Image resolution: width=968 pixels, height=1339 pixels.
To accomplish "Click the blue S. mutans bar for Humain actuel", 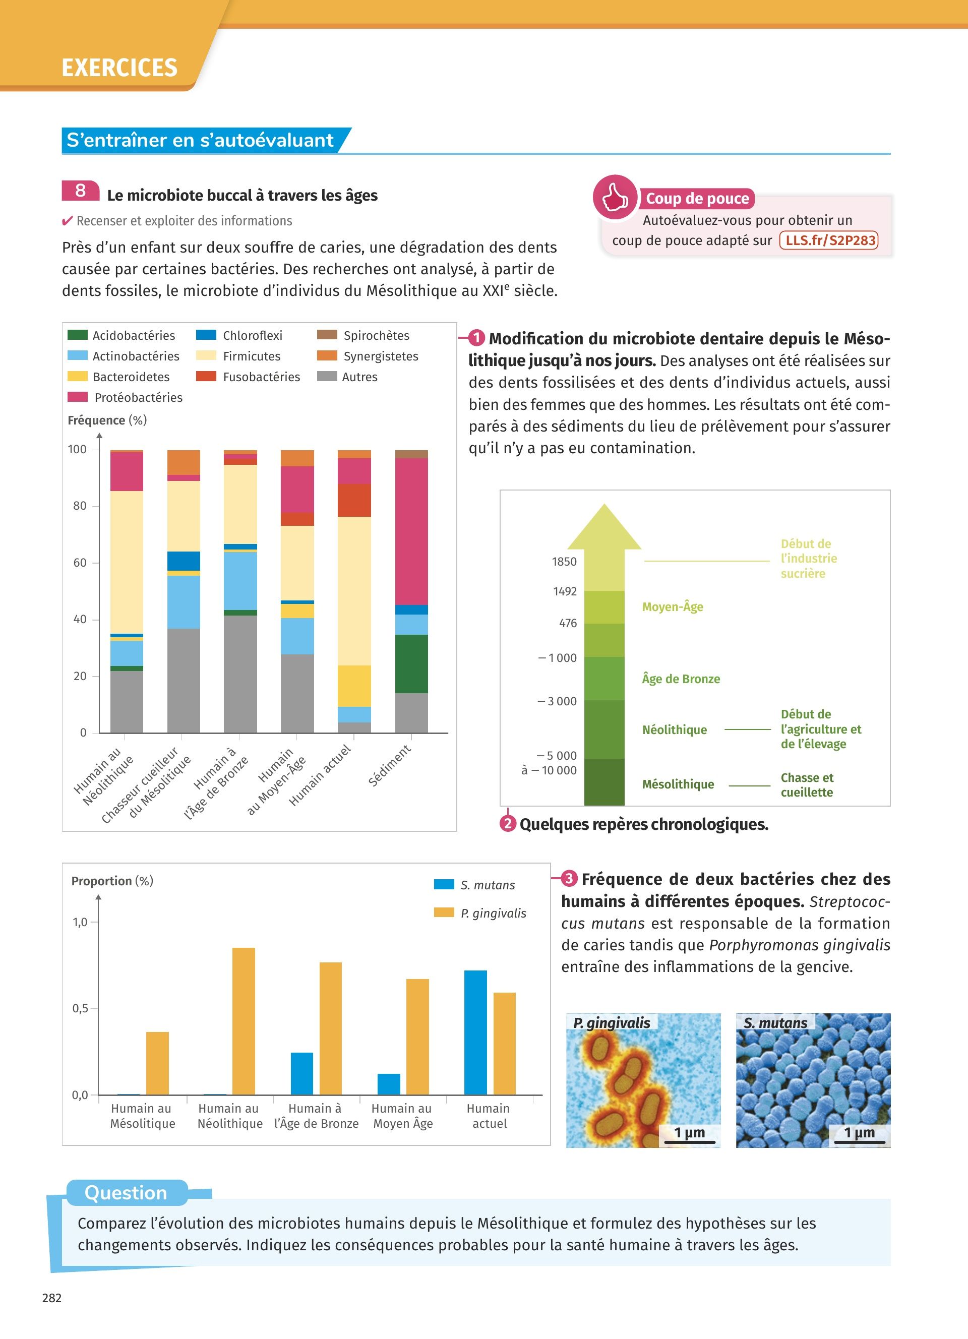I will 475,1032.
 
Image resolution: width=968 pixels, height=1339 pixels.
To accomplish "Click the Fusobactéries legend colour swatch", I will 206,376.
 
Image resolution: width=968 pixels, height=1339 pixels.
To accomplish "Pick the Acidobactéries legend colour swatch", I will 77,335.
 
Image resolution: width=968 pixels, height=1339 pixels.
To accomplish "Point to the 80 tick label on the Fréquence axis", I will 80,506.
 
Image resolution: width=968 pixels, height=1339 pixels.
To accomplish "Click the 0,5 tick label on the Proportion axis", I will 80,1008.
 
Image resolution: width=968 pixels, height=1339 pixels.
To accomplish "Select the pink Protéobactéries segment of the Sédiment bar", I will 411,531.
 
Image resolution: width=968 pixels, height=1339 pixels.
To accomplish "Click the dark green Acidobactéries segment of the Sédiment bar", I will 411,663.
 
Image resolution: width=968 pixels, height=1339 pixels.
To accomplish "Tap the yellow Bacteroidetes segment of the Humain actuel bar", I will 354,686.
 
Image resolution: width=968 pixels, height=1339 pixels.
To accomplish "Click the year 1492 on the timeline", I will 564,591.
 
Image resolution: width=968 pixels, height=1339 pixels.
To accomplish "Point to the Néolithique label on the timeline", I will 674,729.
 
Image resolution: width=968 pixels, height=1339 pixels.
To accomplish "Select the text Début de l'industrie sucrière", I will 808,559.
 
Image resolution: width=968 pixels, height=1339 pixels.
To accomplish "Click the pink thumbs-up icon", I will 615,197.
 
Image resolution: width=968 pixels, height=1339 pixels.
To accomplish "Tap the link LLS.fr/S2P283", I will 829,240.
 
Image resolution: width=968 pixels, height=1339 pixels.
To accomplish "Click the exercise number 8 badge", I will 80,191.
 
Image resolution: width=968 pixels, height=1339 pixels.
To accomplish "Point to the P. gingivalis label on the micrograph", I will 612,1023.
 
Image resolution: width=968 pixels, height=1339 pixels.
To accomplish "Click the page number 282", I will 52,1298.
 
